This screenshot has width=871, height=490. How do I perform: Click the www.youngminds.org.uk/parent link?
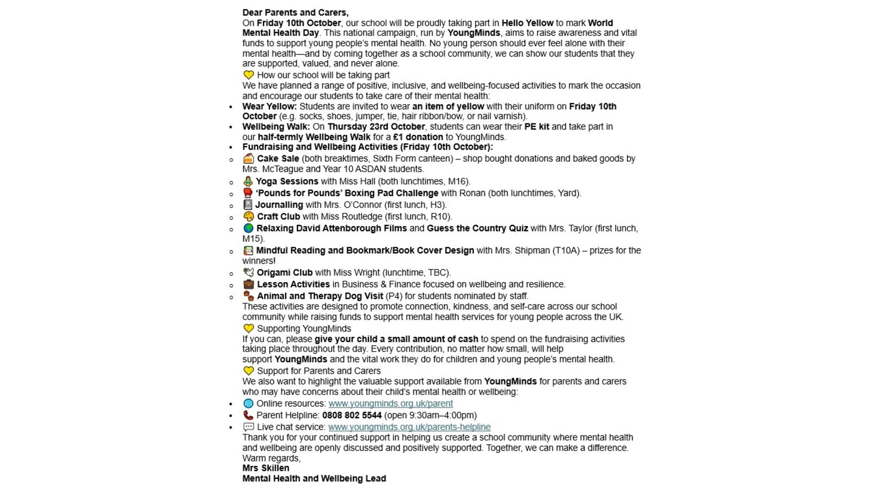(x=390, y=403)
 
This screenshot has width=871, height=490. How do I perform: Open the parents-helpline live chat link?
(x=409, y=427)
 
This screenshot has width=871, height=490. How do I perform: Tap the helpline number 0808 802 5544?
(x=352, y=415)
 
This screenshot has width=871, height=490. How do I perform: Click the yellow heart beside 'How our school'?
(x=248, y=75)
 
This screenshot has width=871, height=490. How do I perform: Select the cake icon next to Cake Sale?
(x=248, y=158)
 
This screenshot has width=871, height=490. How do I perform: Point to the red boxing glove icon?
(x=248, y=193)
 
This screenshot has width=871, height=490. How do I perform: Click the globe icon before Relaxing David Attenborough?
(x=248, y=228)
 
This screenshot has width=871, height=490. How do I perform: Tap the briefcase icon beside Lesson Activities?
(x=248, y=284)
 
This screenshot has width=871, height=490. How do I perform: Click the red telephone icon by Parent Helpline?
(x=248, y=415)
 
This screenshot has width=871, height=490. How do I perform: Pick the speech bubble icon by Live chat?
(x=248, y=427)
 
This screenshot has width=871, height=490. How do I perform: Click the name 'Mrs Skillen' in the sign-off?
(x=266, y=468)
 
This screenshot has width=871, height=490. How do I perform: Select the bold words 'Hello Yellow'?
(x=527, y=23)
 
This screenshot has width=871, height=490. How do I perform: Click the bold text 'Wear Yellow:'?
(x=269, y=106)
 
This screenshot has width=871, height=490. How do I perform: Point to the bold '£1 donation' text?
(x=418, y=137)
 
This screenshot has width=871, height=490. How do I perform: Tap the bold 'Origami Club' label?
(x=285, y=273)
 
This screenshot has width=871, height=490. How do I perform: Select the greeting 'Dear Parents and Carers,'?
(x=296, y=13)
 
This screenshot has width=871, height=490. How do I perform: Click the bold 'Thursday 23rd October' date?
(x=376, y=127)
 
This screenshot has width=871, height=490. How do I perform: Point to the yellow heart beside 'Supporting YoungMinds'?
(x=248, y=329)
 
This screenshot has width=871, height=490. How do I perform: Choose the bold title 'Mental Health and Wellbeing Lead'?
(x=314, y=479)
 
